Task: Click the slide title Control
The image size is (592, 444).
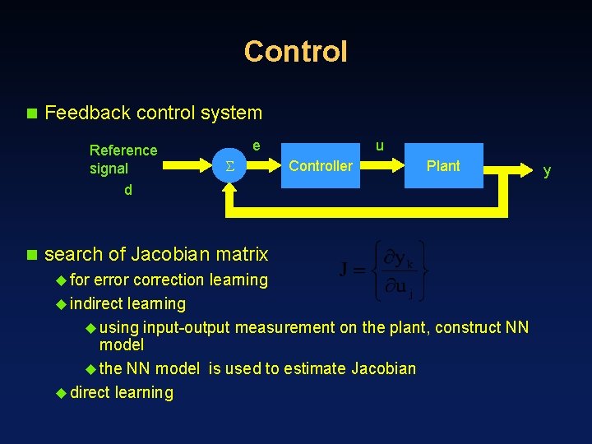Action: (296, 51)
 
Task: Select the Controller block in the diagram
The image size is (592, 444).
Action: (321, 166)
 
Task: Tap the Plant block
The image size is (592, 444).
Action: (442, 166)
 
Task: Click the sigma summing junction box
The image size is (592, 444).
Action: (230, 167)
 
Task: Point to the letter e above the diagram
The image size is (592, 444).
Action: (257, 146)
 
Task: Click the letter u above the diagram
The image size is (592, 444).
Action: (379, 146)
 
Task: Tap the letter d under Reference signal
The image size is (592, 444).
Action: (127, 191)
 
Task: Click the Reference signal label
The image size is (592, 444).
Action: (123, 160)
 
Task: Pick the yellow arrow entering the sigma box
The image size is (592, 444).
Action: (187, 167)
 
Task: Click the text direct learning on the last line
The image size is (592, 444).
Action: (122, 392)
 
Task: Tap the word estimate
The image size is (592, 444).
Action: (315, 368)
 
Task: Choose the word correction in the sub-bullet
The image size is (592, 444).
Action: (169, 280)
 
